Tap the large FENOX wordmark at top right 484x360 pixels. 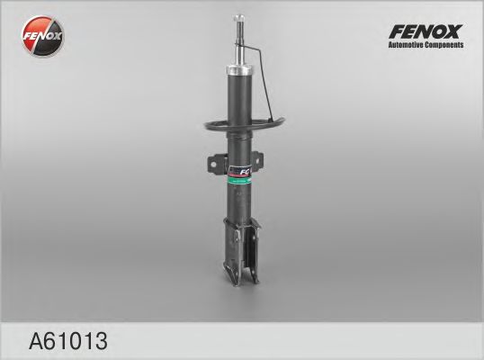(425, 30)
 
